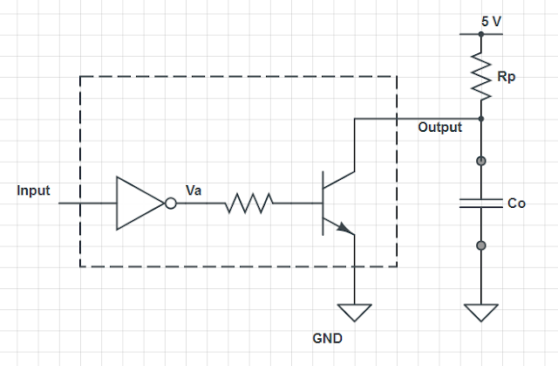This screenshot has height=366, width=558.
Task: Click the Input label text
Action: tap(33, 190)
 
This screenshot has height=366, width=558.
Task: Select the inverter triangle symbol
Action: tap(138, 204)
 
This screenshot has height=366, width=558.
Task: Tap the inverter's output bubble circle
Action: tap(171, 204)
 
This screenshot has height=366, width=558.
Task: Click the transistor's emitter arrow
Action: tap(345, 229)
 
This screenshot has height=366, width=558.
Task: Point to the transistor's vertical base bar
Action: tap(323, 204)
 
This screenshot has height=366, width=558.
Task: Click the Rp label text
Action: tap(507, 78)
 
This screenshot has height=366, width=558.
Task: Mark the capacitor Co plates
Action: tap(480, 204)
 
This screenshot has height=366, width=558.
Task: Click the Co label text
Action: tap(517, 203)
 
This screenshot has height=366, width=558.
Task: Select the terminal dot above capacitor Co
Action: tap(480, 162)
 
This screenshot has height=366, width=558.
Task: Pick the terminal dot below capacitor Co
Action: tap(480, 246)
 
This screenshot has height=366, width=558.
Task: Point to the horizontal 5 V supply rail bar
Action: tap(480, 33)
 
